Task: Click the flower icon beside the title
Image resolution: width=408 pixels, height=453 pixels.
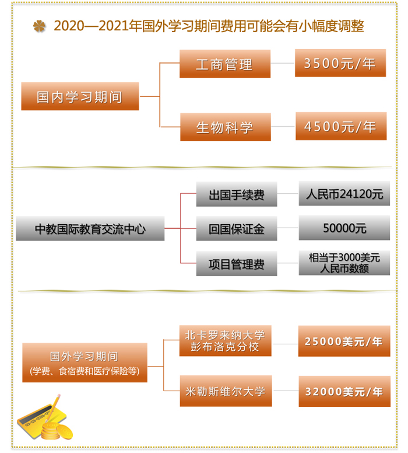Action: coord(39,26)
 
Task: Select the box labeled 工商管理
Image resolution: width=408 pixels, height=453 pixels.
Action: coord(225,64)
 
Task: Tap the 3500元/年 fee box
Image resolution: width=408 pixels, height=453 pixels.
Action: coord(340,63)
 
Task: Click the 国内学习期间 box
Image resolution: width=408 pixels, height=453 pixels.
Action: coord(80,96)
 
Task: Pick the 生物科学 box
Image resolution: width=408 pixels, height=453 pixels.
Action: coord(226,127)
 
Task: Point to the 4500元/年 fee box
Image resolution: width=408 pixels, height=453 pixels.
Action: coord(341,126)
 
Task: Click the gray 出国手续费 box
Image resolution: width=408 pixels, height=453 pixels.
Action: coord(237,194)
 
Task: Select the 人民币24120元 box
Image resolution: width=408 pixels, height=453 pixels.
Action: coord(344,194)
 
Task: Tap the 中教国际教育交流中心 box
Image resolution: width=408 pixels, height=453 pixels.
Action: coord(90,228)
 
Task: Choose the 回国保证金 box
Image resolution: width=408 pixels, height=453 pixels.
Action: coord(237,228)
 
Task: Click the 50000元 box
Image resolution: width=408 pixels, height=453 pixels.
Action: coord(344,228)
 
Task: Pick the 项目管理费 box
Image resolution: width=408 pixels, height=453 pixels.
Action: coord(237,263)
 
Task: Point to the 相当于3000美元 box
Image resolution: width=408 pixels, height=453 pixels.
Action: coord(344,263)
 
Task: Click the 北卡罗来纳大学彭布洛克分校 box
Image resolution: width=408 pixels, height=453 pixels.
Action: coord(226,341)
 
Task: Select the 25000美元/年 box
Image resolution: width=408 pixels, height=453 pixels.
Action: coord(344,341)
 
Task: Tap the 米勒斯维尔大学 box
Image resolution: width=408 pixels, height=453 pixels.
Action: coord(226,391)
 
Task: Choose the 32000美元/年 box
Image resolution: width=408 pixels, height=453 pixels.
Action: coord(344,392)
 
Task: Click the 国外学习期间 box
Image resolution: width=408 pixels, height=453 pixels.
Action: coord(85,363)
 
